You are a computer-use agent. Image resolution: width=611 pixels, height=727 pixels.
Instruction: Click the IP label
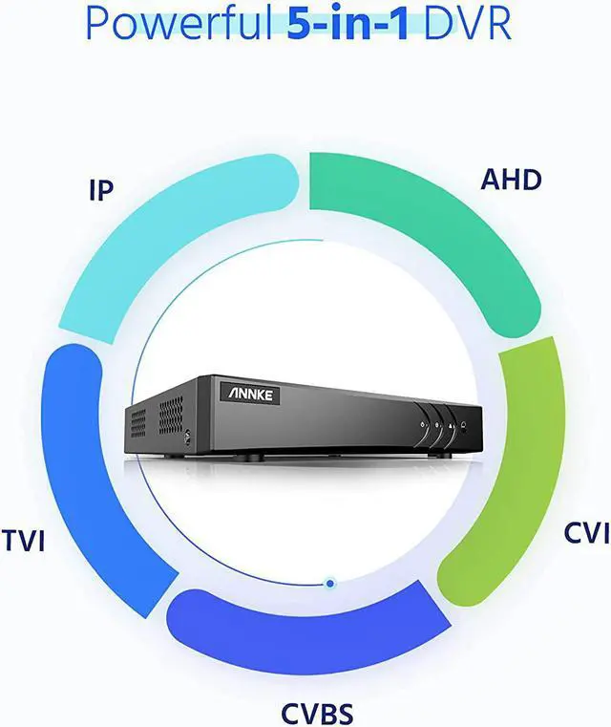(x=100, y=189)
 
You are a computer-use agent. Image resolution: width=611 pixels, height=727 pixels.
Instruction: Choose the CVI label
(x=585, y=532)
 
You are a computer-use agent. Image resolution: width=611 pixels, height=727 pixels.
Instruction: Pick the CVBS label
(x=317, y=712)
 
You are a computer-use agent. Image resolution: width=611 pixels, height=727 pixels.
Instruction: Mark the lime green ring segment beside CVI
(x=511, y=468)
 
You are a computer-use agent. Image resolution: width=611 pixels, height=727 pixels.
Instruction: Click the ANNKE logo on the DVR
(x=249, y=392)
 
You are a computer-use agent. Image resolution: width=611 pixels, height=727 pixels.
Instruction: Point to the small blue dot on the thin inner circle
(x=329, y=582)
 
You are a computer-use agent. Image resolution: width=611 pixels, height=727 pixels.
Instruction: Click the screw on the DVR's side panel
(x=188, y=435)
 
